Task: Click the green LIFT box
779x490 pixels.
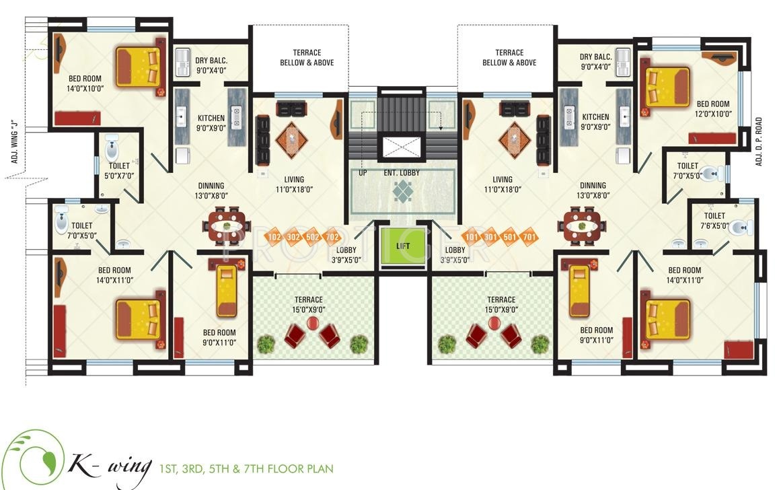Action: point(403,246)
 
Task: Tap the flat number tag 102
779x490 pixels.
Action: point(274,237)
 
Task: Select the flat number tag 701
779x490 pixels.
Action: point(529,237)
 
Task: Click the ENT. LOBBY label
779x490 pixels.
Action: point(402,174)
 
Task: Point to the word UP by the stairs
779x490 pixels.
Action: point(363,173)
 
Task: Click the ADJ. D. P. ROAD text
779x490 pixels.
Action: point(758,141)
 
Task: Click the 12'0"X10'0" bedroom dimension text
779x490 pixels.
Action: point(712,114)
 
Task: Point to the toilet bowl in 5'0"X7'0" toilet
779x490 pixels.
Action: point(112,147)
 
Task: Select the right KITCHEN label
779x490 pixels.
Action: point(595,117)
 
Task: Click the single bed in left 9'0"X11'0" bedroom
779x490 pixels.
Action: point(226,291)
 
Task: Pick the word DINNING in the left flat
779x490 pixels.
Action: point(211,186)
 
